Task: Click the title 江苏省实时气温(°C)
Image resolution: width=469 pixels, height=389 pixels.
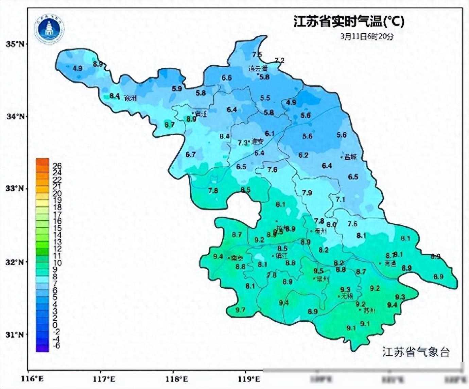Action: pyautogui.click(x=349, y=22)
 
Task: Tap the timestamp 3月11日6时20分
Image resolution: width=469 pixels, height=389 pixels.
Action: pyautogui.click(x=367, y=36)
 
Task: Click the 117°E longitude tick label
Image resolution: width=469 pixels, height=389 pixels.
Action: pyautogui.click(x=101, y=378)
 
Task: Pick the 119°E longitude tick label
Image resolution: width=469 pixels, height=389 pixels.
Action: pyautogui.click(x=245, y=378)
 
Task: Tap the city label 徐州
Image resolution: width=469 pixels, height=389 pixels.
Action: pyautogui.click(x=130, y=99)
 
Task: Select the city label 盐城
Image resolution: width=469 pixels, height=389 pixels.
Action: pyautogui.click(x=350, y=157)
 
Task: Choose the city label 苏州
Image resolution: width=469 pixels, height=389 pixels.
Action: pyautogui.click(x=369, y=310)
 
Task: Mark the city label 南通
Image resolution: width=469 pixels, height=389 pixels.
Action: pyautogui.click(x=390, y=264)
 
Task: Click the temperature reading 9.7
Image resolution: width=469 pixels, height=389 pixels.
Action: pyautogui.click(x=240, y=310)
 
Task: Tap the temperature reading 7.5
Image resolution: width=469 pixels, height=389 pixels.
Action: pyautogui.click(x=257, y=54)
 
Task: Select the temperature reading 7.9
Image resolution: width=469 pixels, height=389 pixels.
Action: pyautogui.click(x=307, y=193)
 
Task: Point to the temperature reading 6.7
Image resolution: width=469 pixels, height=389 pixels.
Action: pyautogui.click(x=191, y=154)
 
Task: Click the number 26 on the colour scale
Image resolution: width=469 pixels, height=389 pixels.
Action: pyautogui.click(x=57, y=166)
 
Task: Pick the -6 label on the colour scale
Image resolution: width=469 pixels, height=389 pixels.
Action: pyautogui.click(x=56, y=346)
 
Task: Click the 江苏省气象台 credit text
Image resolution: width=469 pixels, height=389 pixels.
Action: pyautogui.click(x=416, y=352)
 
